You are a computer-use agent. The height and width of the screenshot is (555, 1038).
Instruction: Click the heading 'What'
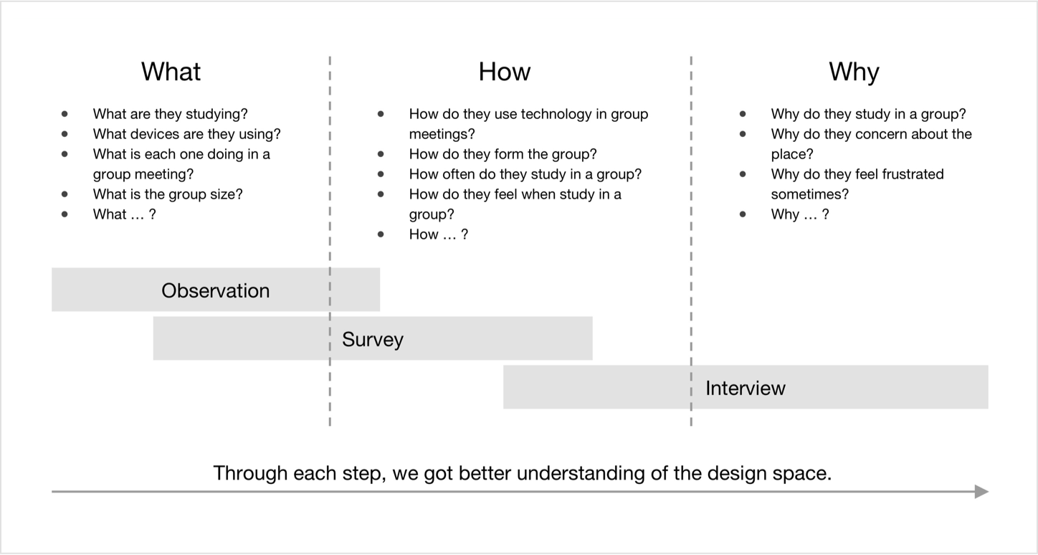click(x=171, y=72)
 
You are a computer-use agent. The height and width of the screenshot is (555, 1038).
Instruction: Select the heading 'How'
click(x=504, y=72)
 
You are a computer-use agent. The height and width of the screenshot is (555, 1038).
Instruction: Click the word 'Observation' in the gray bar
click(x=216, y=290)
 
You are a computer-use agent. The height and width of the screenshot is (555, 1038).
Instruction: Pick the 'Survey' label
click(x=373, y=340)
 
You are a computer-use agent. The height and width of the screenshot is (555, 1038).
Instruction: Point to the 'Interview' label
click(x=745, y=388)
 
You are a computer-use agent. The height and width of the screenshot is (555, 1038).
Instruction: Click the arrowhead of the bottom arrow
click(x=981, y=491)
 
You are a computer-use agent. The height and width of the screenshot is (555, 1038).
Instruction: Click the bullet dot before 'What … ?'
click(x=65, y=214)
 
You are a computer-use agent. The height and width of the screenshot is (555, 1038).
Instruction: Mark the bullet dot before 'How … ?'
click(x=381, y=234)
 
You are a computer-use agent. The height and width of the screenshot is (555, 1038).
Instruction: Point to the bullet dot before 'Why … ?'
click(x=743, y=214)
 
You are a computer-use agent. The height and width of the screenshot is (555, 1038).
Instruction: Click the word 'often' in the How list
click(x=459, y=174)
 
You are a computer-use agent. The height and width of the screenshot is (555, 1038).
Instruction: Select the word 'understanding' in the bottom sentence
click(x=581, y=473)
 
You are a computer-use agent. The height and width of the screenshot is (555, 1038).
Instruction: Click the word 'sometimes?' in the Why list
click(x=809, y=194)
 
